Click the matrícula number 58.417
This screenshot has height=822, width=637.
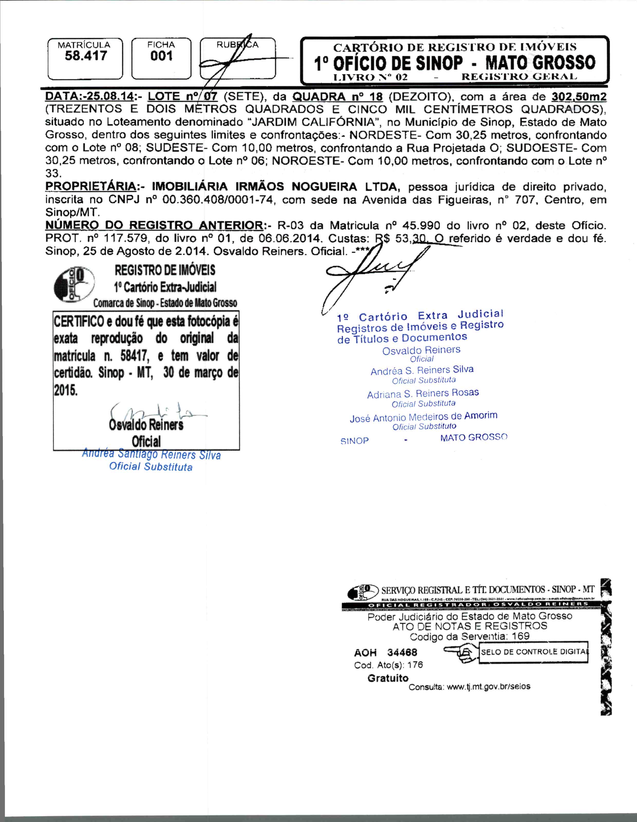86,56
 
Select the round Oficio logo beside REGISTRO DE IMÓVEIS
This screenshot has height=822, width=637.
74,285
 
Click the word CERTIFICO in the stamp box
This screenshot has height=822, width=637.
79,322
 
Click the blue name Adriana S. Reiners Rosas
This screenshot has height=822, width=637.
423,394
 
